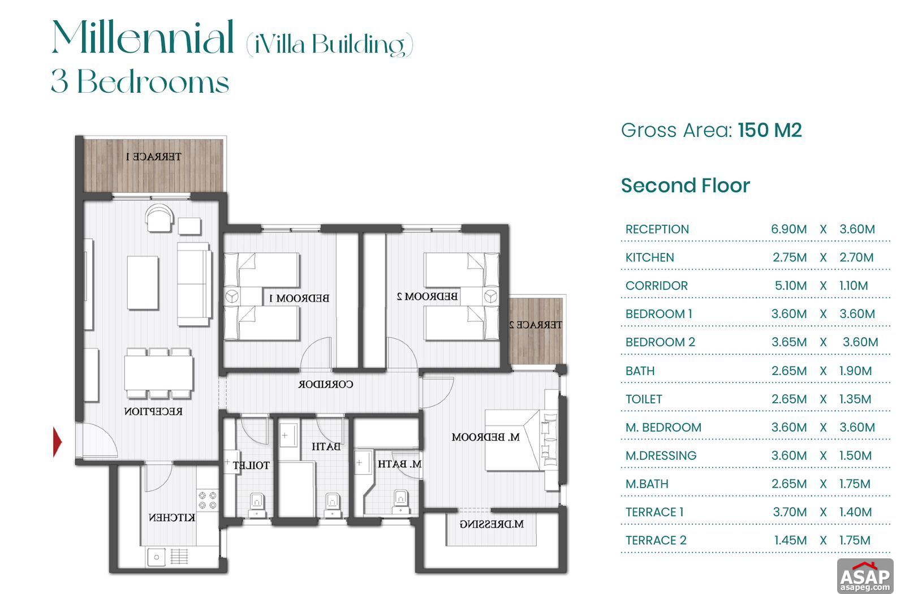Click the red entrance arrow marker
pyautogui.click(x=57, y=442)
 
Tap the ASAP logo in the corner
pyautogui.click(x=865, y=576)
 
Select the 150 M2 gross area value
pyautogui.click(x=770, y=130)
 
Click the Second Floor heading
pyautogui.click(x=685, y=186)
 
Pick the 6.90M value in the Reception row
pyautogui.click(x=788, y=229)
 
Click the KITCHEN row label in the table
pyautogui.click(x=649, y=257)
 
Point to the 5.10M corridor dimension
pyautogui.click(x=790, y=286)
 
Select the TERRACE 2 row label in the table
pyautogui.click(x=656, y=540)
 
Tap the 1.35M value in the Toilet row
pyautogui.click(x=855, y=399)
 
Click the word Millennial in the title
pyautogui.click(x=143, y=38)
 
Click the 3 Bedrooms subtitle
pyautogui.click(x=140, y=82)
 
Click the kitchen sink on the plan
pyautogui.click(x=157, y=557)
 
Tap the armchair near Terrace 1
pyautogui.click(x=158, y=218)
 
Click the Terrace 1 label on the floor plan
pyautogui.click(x=153, y=156)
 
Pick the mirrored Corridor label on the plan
pyautogui.click(x=326, y=384)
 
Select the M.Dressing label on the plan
pyautogui.click(x=491, y=524)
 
